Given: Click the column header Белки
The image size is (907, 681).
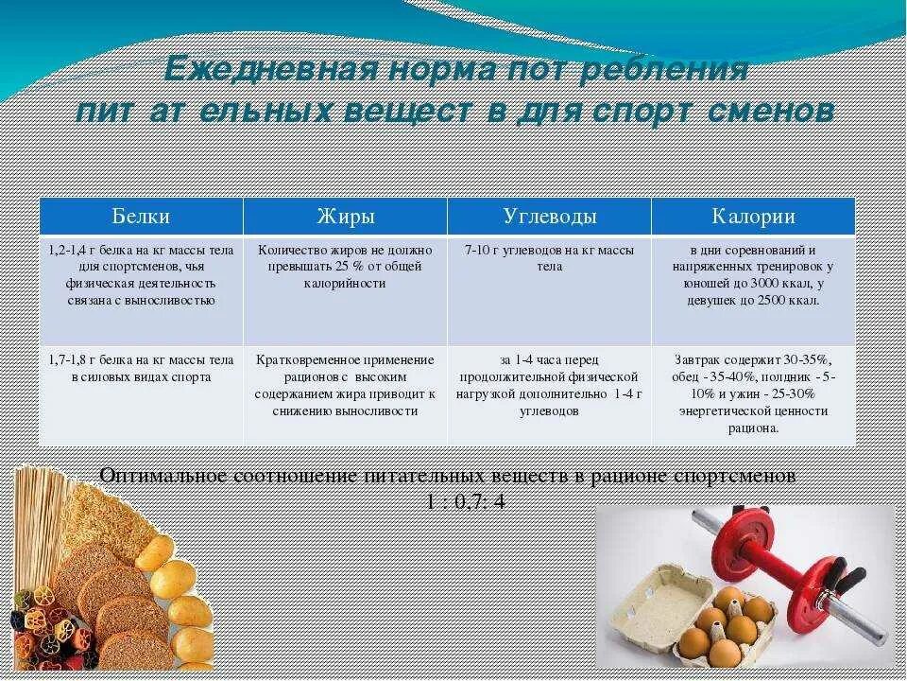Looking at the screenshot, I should coord(142,217).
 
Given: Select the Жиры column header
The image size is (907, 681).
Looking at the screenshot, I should coord(345,217).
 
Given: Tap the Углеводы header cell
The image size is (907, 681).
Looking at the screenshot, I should coord(549,217).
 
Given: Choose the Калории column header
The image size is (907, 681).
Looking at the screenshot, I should coord(753,217).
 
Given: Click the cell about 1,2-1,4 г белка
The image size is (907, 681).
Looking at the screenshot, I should coord(142,275).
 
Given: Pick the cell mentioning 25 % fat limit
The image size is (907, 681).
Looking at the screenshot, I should coord(345,267).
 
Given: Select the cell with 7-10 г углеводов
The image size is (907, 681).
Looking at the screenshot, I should coord(549,258).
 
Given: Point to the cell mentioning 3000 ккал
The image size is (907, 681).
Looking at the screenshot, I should coord(753,275).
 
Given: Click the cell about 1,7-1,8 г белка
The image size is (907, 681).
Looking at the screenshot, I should coord(142,368).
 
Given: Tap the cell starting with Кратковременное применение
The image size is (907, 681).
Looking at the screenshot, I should coord(345,386).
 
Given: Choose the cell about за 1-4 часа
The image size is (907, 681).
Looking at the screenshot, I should coord(549,386).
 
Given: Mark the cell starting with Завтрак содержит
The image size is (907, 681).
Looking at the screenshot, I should coord(753,393).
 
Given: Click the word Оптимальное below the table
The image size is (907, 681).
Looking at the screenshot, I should coord(162,476).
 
